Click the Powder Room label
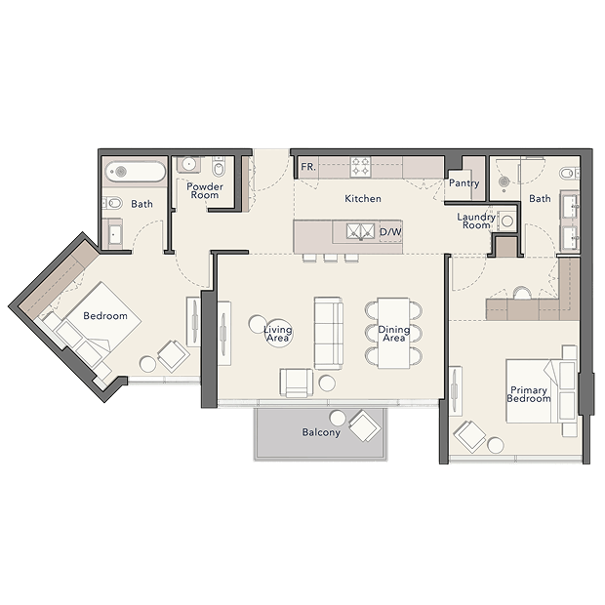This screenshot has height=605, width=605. point(205,190)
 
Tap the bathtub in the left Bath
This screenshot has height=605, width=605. point(136,172)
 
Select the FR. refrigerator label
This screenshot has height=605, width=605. point(308,167)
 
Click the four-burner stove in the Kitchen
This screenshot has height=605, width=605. point(360,167)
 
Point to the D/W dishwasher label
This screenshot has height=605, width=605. point(390,232)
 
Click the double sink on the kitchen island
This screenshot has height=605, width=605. point(360,231)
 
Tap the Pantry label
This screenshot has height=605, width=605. point(464,182)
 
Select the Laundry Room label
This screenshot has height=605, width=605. point(476,221)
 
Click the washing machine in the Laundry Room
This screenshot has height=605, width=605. point(507,222)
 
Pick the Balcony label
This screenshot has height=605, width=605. point(321,432)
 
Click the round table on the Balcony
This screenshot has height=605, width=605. point(338,418)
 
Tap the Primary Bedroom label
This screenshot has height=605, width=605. point(529,394)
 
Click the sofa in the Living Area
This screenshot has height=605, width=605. point(328,334)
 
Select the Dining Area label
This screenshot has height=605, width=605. point(393,334)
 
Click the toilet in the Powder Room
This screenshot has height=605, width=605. point(219,167)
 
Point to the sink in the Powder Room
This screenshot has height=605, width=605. point(188,164)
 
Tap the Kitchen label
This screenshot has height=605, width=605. point(363,199)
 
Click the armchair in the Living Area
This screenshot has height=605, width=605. point(297,383)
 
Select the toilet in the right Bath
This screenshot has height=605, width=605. point(570,173)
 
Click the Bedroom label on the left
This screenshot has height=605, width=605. point(105,316)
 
